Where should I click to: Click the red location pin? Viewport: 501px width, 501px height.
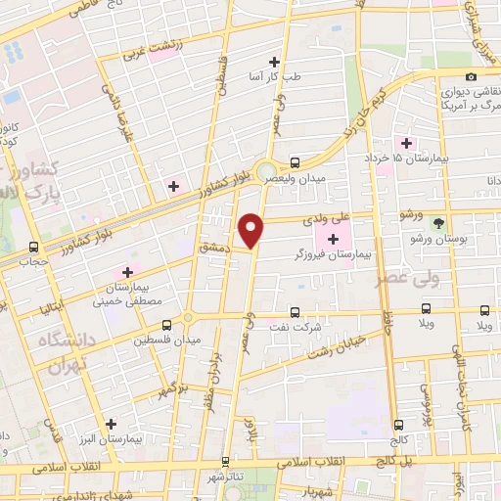click(252, 229)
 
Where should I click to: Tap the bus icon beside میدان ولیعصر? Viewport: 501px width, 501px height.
click(296, 162)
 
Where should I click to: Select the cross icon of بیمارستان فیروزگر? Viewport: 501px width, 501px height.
click(333, 239)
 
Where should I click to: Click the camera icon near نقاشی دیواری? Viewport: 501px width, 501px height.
click(472, 76)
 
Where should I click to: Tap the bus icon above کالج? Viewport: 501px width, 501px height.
click(398, 426)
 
